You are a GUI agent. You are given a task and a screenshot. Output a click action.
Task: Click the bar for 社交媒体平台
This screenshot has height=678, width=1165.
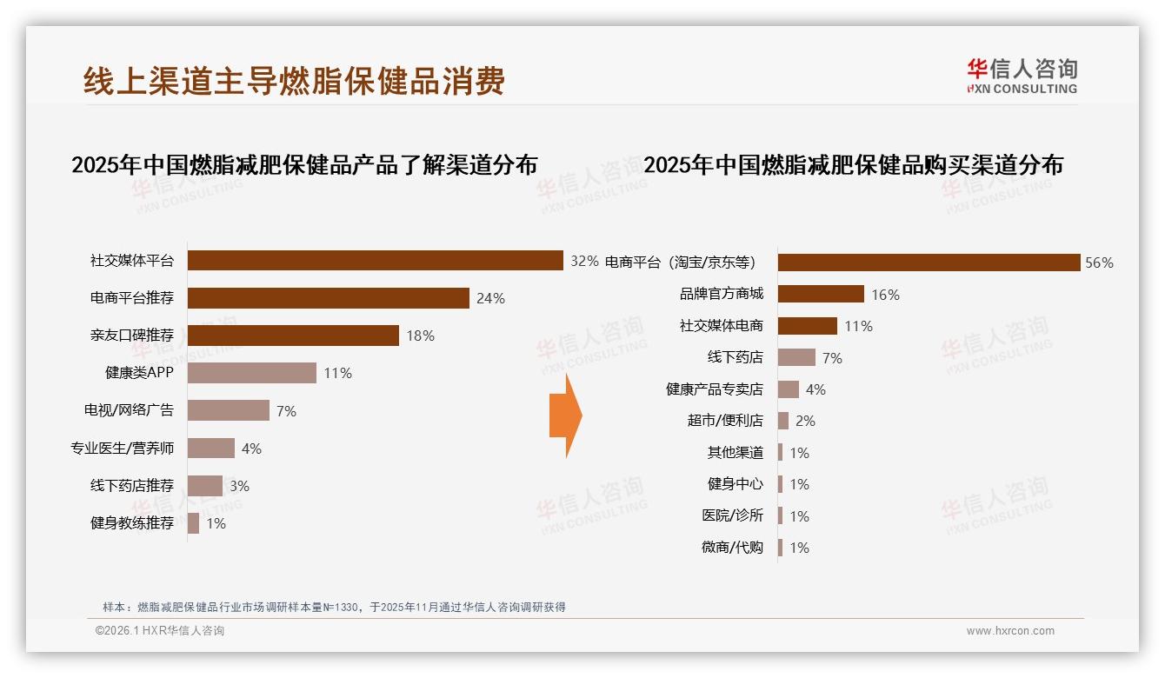376,261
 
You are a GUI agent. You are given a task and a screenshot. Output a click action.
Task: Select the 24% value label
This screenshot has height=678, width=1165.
490,298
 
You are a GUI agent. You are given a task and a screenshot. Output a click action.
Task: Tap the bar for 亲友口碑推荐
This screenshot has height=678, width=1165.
293,336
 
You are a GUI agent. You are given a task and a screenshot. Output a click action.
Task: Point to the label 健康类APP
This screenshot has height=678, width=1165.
139,373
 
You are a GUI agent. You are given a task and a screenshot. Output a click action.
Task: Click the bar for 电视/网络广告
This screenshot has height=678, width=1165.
229,410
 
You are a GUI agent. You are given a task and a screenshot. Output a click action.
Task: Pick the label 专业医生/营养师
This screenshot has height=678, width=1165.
122,449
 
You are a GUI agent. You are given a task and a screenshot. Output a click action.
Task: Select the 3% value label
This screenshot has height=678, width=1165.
239,486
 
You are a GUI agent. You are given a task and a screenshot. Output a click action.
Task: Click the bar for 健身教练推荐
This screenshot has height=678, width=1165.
194,523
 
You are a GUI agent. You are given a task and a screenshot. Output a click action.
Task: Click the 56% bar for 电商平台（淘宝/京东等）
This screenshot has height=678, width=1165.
929,263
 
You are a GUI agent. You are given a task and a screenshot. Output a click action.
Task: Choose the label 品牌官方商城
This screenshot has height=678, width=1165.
721,295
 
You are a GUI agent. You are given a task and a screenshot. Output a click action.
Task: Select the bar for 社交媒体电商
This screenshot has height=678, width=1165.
808,326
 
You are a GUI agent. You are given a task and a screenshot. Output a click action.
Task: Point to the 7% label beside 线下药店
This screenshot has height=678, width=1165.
832,358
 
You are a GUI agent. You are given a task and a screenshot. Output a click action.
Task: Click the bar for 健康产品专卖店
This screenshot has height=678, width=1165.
789,389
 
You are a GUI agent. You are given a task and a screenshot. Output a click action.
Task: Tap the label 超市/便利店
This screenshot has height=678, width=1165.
725,421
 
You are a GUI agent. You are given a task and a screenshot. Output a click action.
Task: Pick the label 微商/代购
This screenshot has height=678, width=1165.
732,548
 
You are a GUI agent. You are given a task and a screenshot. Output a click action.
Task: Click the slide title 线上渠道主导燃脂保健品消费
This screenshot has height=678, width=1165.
294,82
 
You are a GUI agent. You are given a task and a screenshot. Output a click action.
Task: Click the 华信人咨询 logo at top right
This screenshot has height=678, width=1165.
1022,76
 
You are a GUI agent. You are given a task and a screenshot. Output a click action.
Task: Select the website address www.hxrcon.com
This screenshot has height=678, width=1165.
1010,631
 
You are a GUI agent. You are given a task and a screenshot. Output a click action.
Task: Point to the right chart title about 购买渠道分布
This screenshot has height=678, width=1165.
853,164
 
